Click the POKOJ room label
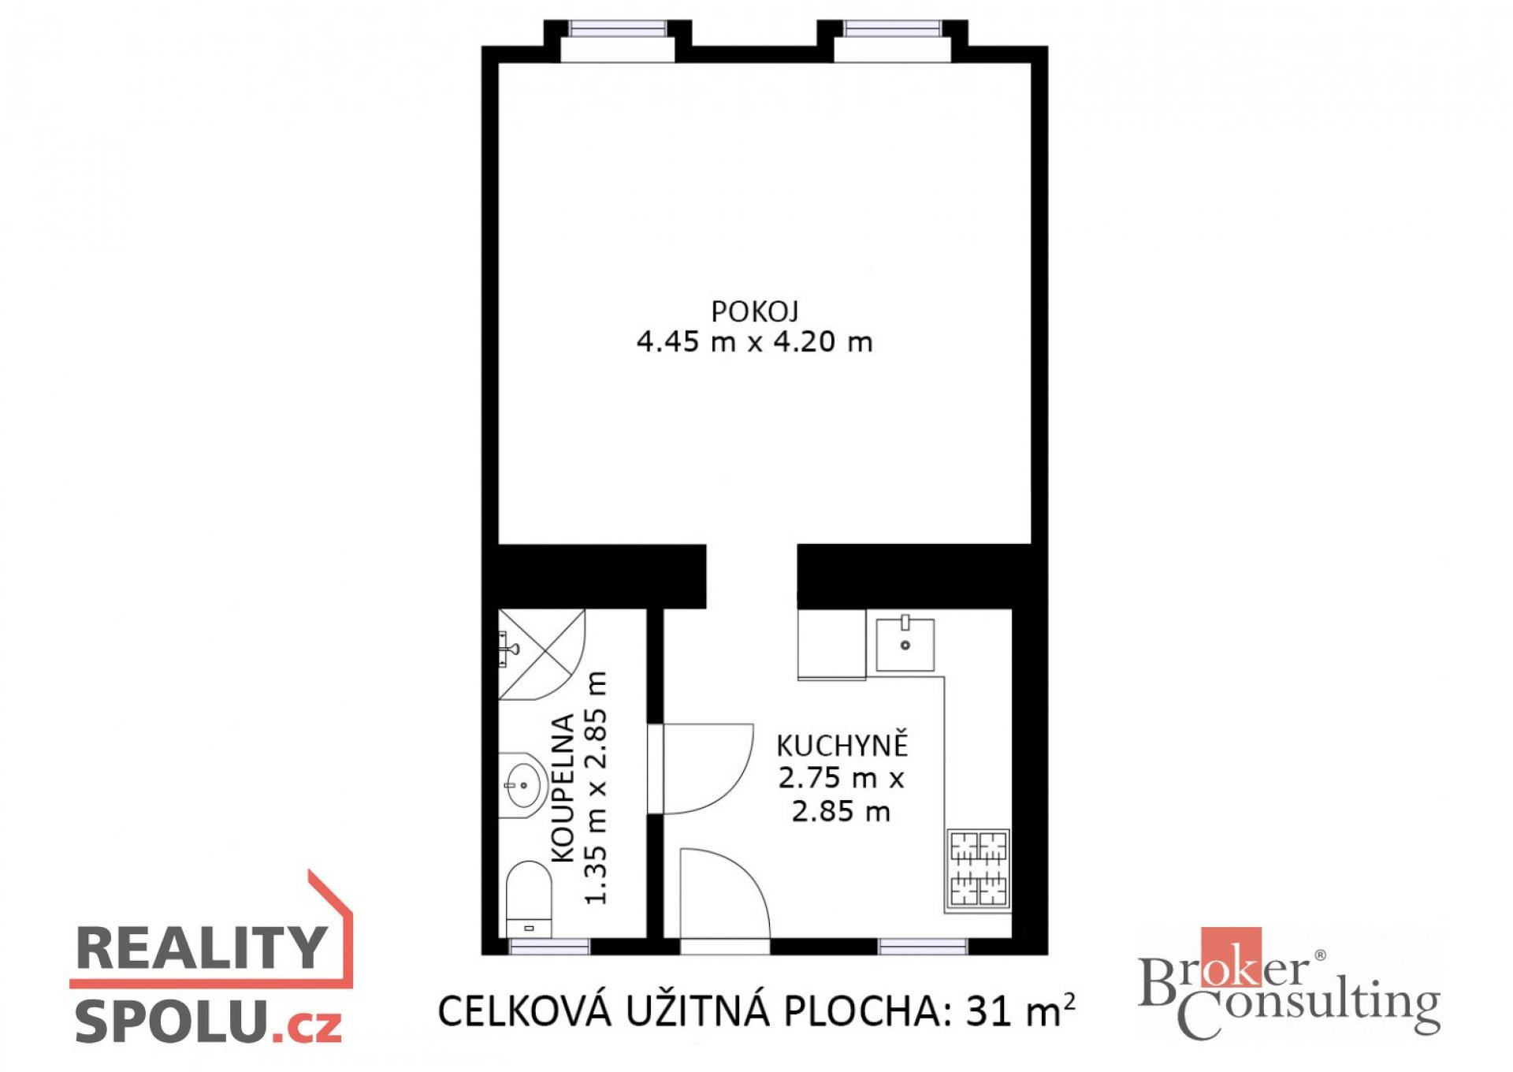[x=755, y=312]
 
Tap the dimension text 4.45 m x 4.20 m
[x=755, y=342]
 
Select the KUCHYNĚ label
[x=842, y=745]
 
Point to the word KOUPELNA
[x=563, y=789]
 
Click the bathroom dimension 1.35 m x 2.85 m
[x=597, y=788]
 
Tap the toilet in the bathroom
[x=529, y=899]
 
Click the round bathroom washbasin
[x=522, y=785]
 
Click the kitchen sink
[x=905, y=644]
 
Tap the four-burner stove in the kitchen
[x=978, y=869]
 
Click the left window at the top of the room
[x=618, y=30]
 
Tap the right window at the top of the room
[x=892, y=30]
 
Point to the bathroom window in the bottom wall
[x=549, y=947]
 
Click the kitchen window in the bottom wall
[x=923, y=947]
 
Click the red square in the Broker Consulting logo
[x=1231, y=957]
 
